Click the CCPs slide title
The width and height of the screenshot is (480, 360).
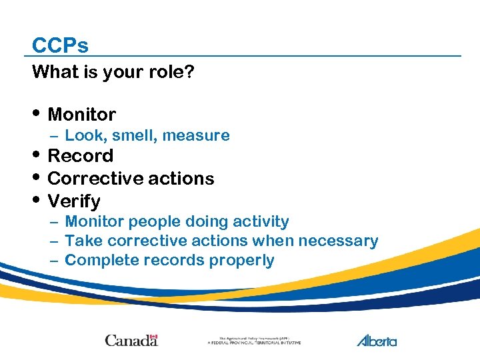pos(60,45)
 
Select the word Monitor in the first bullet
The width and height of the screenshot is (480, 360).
pos(82,115)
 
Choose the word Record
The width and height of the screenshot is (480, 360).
pos(81,156)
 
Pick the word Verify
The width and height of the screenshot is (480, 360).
pos(74,201)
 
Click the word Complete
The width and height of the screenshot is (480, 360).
pos(97,261)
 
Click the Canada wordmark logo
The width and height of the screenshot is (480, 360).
pos(131,340)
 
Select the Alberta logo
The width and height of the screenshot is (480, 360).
pos(376,341)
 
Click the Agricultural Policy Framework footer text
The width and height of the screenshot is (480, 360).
pos(254,341)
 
